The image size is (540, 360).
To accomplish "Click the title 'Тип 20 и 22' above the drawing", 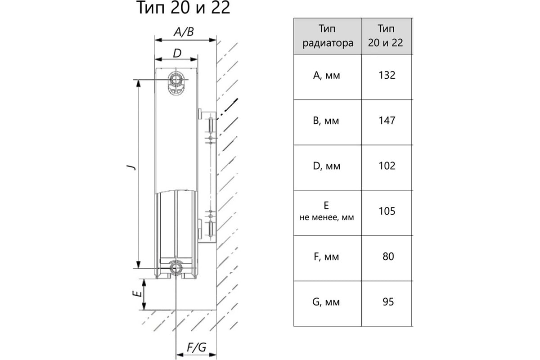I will tap(183, 8).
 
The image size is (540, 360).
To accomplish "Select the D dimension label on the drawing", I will tap(177, 53).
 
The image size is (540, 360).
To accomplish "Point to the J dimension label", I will tap(131, 167).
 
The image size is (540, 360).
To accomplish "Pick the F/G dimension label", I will tap(196, 347).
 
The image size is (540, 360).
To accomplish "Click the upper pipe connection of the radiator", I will tap(175, 81).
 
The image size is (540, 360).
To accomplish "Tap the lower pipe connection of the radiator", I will tap(175, 268).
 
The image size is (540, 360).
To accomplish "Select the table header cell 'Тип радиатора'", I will tap(328, 36).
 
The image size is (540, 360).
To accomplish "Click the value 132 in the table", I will tap(387, 75).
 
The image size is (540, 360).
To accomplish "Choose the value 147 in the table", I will tap(387, 121).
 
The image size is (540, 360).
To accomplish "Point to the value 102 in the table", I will tap(387, 166).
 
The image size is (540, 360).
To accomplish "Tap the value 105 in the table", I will tap(387, 211).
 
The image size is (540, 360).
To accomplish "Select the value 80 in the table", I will tap(388, 256).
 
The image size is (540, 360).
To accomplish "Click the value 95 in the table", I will tap(388, 301).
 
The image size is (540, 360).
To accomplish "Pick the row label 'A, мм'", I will tap(327, 76).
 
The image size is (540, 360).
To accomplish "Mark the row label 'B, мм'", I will tap(327, 121).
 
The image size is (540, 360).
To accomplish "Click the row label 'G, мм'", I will tap(327, 302).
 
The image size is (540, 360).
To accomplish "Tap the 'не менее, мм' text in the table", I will tap(327, 217).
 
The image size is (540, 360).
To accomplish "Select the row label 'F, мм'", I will tap(327, 257).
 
